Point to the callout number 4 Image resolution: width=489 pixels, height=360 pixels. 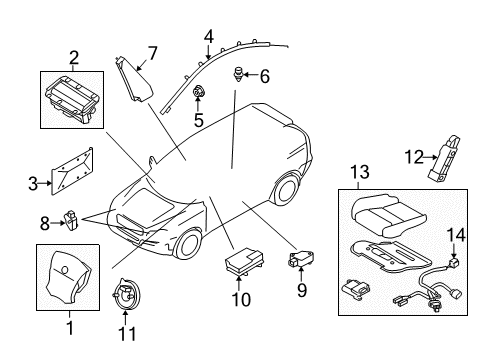tap(208, 37)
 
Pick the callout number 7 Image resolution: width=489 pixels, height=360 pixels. tap(153, 52)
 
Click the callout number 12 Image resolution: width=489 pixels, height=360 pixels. tap(413, 156)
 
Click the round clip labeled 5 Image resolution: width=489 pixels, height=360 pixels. tap(199, 95)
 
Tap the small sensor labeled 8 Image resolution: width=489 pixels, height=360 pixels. tap(72, 217)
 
